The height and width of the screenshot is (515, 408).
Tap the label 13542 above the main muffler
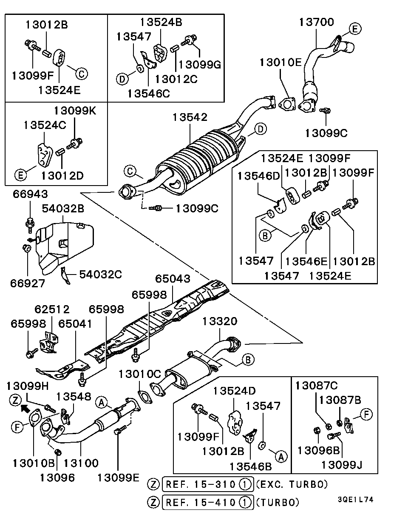tap(190, 117)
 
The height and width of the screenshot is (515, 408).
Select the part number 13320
tap(219, 321)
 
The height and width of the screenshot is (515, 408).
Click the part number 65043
tap(173, 279)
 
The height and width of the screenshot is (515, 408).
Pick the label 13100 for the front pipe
tap(81, 463)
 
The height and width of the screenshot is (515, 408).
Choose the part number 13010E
tap(281, 63)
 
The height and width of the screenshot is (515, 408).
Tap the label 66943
tap(30, 194)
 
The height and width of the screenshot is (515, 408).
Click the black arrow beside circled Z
tap(25, 409)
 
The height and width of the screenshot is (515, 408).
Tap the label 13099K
tap(75, 111)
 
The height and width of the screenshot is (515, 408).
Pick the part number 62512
tap(52, 309)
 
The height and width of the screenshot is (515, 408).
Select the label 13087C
tap(317, 386)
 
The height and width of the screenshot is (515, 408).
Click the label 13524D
tap(235, 391)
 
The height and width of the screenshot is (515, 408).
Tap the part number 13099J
tap(343, 463)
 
